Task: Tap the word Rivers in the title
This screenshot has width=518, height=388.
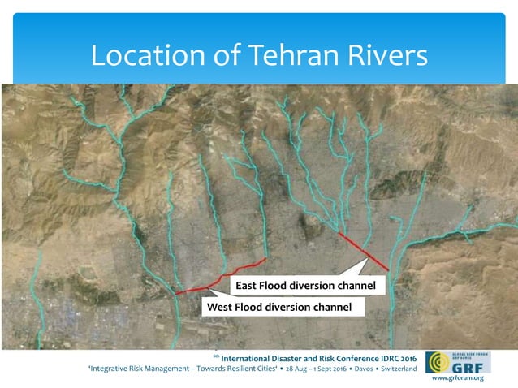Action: (387, 55)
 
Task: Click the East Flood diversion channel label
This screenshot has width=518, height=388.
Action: (304, 286)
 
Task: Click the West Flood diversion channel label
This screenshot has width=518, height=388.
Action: (278, 307)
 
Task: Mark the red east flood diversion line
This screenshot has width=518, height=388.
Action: (362, 251)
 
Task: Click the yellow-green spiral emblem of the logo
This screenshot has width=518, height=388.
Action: (437, 362)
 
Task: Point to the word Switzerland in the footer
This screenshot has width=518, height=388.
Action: (394, 369)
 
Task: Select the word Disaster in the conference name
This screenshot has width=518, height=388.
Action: (299, 357)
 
